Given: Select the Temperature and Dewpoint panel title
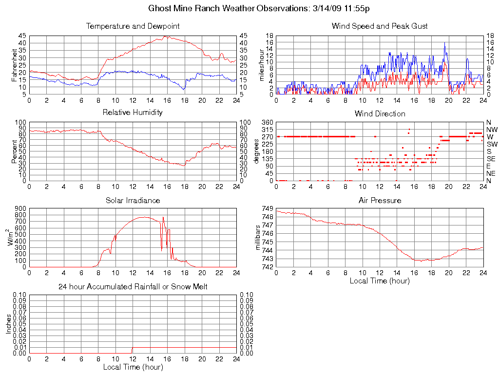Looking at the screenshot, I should [x=133, y=26].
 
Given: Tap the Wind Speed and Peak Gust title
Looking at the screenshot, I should [x=380, y=26].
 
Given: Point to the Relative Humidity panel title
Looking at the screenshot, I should [x=133, y=112].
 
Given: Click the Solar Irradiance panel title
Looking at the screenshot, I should [x=133, y=200].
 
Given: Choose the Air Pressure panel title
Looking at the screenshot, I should [x=380, y=200].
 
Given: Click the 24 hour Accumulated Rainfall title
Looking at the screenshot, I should [x=133, y=287].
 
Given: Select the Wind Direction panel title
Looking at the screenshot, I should [x=380, y=113].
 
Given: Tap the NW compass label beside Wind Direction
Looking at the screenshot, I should [x=492, y=130].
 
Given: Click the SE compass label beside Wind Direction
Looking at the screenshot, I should [x=491, y=159].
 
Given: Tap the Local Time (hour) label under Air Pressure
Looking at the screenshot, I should [x=380, y=280].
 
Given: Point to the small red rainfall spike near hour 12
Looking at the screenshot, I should [x=132, y=350].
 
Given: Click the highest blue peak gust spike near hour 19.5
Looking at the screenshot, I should [x=444, y=43].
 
